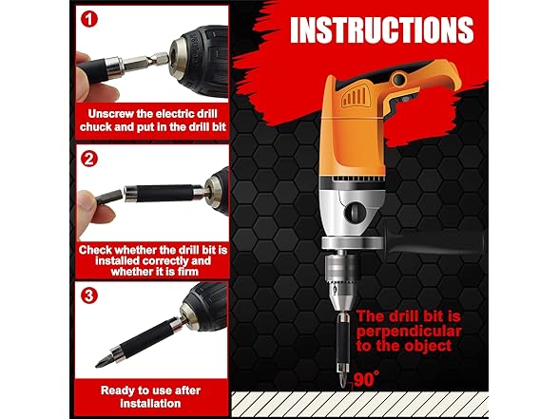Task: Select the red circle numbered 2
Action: pyautogui.click(x=89, y=159)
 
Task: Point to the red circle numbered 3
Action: pyautogui.click(x=89, y=295)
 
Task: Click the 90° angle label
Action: pyautogui.click(x=364, y=378)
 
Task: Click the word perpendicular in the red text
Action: pyautogui.click(x=409, y=332)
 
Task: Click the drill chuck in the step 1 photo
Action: pyautogui.click(x=195, y=58)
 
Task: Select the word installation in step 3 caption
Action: pyautogui.click(x=151, y=403)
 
